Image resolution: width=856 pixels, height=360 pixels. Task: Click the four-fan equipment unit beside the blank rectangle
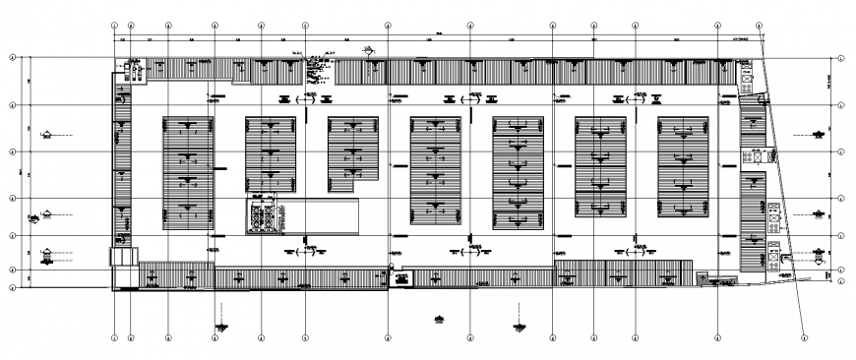click(x=263, y=217)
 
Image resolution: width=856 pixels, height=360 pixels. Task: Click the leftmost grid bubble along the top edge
click(x=115, y=26)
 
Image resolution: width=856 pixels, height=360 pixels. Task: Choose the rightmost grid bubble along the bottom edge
click(x=804, y=339)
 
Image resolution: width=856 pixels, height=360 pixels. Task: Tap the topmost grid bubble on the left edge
click(x=12, y=58)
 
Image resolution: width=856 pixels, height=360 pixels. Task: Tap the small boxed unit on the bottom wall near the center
click(x=401, y=278)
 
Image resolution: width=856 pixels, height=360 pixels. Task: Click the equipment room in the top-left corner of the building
click(x=132, y=69)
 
